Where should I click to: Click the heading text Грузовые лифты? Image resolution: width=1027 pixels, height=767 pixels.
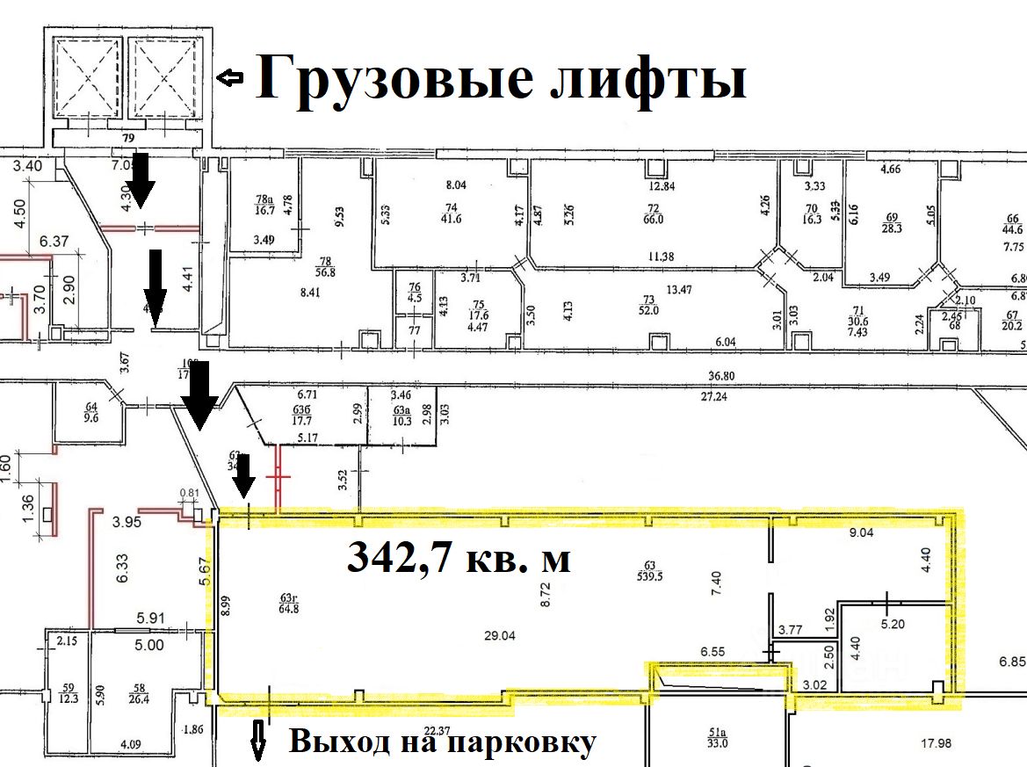coord(501,79)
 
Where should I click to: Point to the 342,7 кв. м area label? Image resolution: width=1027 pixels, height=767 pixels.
coord(459,556)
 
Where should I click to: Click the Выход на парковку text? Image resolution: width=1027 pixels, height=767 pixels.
coord(442,743)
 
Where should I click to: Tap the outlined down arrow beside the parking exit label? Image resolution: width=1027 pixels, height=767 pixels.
coord(258,741)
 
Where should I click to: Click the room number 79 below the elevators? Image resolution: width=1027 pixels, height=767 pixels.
coord(128,137)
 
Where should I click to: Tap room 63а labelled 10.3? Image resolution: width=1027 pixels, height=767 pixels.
coord(401,415)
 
